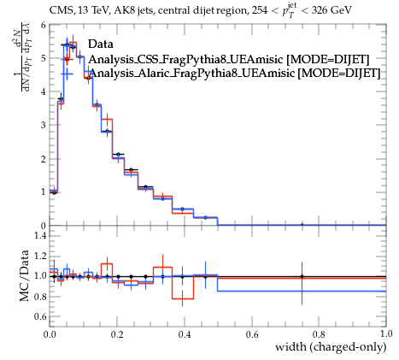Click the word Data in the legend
pyautogui.click(x=101, y=44)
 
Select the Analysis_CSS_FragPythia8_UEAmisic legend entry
pyautogui.click(x=229, y=59)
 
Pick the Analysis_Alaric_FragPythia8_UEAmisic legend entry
pyautogui.click(x=234, y=73)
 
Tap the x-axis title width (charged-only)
pyautogui.click(x=331, y=347)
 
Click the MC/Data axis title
pyautogui.click(x=24, y=275)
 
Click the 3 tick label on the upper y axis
pyautogui.click(x=43, y=125)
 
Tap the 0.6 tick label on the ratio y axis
pyautogui.click(x=40, y=316)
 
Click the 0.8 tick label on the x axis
pyautogui.click(x=319, y=334)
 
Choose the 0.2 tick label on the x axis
pyautogui.click(x=117, y=334)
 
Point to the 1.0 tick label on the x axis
pyautogui.click(x=386, y=333)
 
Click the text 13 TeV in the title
pyautogui.click(x=94, y=10)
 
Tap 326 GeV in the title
pyautogui.click(x=332, y=10)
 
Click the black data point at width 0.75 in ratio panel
pyautogui.click(x=302, y=276)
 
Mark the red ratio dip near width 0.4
pyautogui.click(x=183, y=298)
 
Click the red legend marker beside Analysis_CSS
pyautogui.click(x=67, y=59)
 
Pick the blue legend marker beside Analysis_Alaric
pyautogui.click(x=67, y=74)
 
